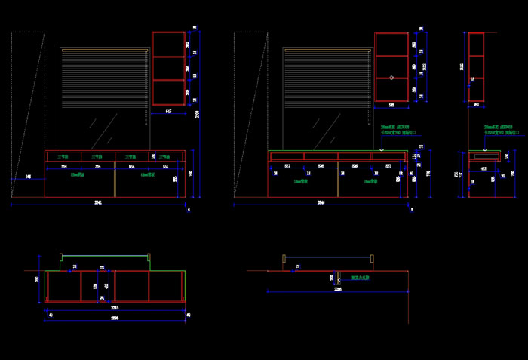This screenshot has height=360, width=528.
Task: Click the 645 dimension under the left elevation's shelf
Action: point(168,111)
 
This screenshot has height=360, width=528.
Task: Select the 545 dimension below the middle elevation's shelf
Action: point(391,105)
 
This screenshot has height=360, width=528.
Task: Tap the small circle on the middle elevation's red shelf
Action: point(391,78)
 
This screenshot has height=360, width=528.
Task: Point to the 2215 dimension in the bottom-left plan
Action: point(115,308)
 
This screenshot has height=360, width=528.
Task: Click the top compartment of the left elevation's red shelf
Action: point(168,43)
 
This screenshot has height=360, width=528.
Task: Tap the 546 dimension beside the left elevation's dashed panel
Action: point(28,177)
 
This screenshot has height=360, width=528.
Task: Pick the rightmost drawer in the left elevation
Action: point(164,157)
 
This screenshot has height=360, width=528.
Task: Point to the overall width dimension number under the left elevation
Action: point(98,202)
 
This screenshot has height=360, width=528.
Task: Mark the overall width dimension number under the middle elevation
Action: point(321,202)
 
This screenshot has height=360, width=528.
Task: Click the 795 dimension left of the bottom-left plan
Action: point(37,279)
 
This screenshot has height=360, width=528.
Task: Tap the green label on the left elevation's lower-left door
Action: point(77,174)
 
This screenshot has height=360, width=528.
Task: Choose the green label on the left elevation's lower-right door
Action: point(148,174)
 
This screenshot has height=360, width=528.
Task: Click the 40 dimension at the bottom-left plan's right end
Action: point(188,315)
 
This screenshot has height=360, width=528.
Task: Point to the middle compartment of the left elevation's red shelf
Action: point(168,67)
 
